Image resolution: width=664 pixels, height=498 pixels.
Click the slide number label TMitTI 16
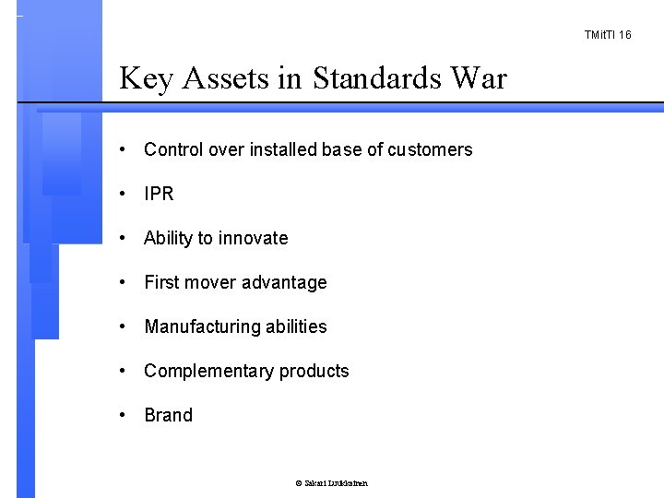(x=607, y=34)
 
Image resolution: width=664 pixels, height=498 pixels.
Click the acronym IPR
(x=159, y=194)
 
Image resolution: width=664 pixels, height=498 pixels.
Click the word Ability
(x=169, y=238)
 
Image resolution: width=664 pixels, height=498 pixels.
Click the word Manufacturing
(x=197, y=326)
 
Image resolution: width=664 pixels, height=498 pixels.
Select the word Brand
(x=169, y=415)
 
